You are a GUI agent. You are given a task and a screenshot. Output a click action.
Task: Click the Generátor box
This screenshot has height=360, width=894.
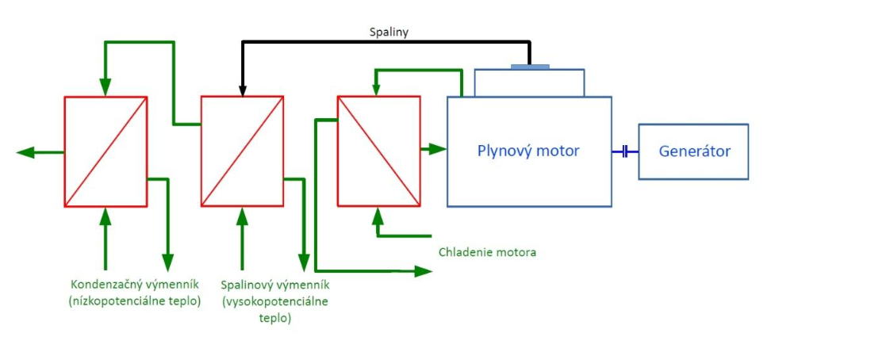click(x=693, y=151)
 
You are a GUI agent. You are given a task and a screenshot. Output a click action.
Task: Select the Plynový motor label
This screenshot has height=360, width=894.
click(x=528, y=151)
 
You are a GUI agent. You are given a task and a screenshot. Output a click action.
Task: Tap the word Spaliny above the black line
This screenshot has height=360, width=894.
click(x=389, y=33)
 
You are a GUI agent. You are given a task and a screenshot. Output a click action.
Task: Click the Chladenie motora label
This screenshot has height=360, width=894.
click(x=487, y=252)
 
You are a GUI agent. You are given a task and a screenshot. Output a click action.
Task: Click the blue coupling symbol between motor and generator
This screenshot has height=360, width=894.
click(x=625, y=151)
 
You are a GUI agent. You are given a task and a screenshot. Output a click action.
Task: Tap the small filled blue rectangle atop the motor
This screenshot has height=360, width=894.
click(x=530, y=66)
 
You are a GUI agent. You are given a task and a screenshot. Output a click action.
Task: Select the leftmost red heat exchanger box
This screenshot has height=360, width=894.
click(x=106, y=151)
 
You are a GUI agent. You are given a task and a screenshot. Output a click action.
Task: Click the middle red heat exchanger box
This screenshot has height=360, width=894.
click(x=242, y=151)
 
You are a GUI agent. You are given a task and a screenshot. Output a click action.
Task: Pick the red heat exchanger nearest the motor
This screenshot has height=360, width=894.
click(x=378, y=151)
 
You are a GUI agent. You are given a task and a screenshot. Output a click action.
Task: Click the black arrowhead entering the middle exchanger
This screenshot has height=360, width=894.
click(x=242, y=89)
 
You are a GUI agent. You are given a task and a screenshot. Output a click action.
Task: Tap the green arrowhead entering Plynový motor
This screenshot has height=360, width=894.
click(x=438, y=148)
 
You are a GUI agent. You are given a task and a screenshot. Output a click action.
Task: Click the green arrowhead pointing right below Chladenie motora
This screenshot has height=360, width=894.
click(x=424, y=271)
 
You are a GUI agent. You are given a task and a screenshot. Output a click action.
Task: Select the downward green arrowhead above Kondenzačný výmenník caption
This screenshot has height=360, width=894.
click(x=167, y=262)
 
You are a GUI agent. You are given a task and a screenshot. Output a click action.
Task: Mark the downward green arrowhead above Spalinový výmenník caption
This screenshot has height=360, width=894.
click(x=304, y=262)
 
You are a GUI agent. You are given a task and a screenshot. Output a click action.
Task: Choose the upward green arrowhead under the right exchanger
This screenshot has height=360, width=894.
click(x=378, y=214)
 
